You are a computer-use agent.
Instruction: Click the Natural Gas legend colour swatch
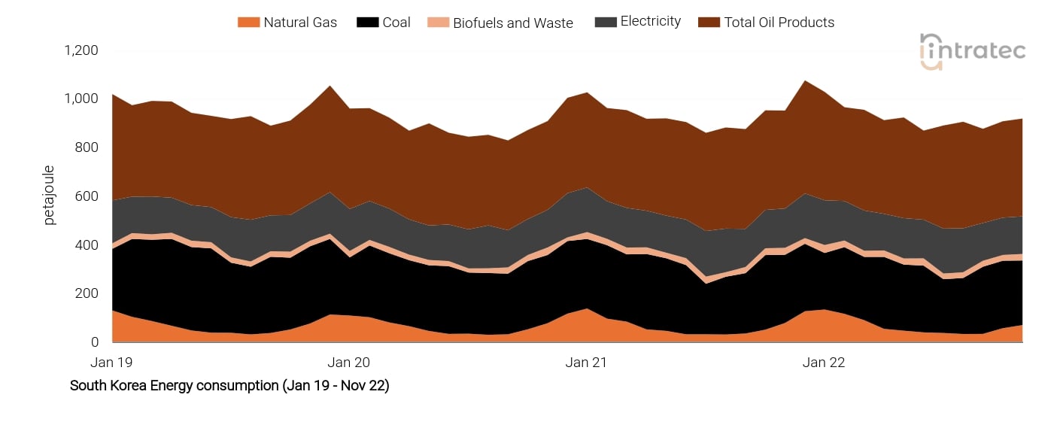(x=248, y=23)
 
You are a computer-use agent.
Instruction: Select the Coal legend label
(x=396, y=23)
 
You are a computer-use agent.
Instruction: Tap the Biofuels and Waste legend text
(x=512, y=23)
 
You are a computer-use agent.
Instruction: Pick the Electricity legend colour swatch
(x=605, y=22)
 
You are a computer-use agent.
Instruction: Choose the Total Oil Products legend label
(x=779, y=23)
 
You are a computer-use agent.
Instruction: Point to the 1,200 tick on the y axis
(x=81, y=50)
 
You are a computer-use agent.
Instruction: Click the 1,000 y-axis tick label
(x=81, y=99)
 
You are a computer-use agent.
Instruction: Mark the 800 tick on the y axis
(x=87, y=147)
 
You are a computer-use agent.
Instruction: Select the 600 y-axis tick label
(x=87, y=196)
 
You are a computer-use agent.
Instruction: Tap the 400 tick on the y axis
(x=87, y=245)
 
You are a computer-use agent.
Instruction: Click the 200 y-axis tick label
(x=87, y=293)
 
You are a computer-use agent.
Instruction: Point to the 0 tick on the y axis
(x=95, y=342)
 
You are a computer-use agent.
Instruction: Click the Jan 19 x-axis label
(x=111, y=363)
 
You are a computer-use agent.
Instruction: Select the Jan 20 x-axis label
(x=349, y=363)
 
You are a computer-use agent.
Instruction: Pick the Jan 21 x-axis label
(x=587, y=363)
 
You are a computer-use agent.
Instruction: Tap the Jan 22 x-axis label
(x=825, y=363)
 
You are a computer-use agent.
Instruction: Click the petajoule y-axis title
(x=50, y=196)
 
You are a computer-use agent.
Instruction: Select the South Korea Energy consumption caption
(x=229, y=386)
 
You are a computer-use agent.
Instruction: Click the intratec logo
(x=972, y=52)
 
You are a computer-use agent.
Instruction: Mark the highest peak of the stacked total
(x=805, y=80)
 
